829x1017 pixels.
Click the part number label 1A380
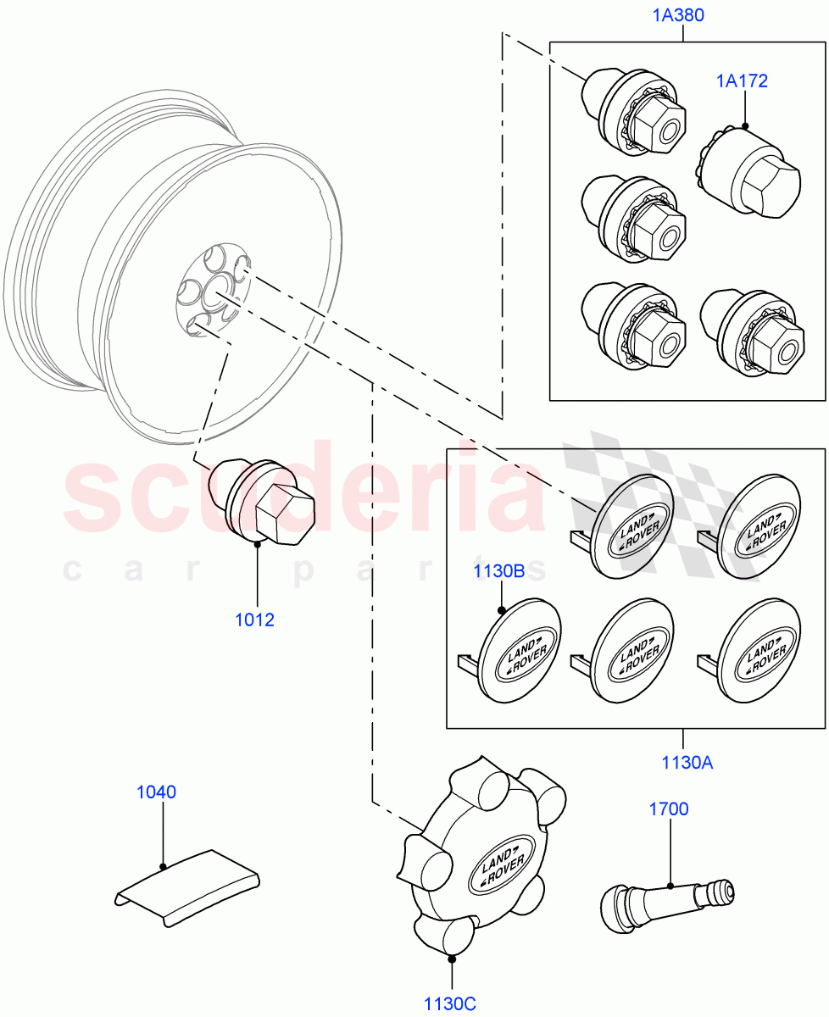[678, 14]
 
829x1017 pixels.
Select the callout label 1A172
[741, 81]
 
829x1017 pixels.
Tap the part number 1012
[254, 620]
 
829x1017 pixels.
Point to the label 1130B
[498, 571]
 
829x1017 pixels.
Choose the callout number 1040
[156, 792]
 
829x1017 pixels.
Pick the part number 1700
[669, 809]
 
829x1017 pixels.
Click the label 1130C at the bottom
[450, 1004]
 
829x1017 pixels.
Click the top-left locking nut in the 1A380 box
[635, 114]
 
